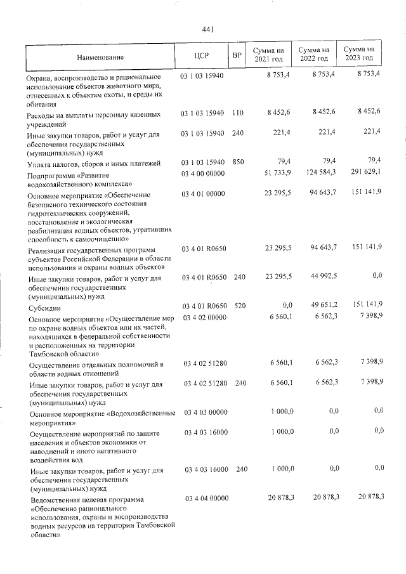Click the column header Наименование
100,56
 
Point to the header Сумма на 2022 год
314,54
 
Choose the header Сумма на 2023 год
358,54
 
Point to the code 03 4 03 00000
206,413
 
